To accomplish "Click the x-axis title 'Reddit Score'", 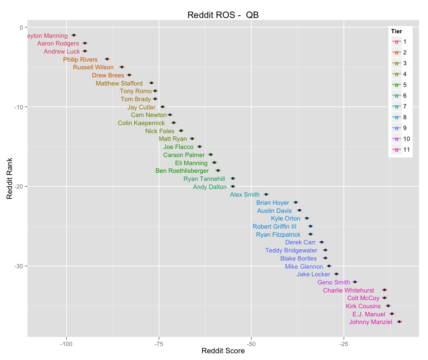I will (x=223, y=351).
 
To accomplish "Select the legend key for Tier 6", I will (x=396, y=96).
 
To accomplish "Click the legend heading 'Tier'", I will (x=396, y=31).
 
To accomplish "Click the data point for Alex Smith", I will (x=266, y=194).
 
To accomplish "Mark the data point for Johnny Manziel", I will (x=399, y=322).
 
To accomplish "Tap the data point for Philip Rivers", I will (x=107, y=59).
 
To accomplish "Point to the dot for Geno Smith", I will (x=355, y=282).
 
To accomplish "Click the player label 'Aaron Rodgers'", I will (x=58, y=44).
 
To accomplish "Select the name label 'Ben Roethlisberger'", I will (x=182, y=171).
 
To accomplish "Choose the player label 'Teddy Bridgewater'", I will (x=291, y=250).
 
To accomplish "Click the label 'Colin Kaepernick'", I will (x=141, y=123).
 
